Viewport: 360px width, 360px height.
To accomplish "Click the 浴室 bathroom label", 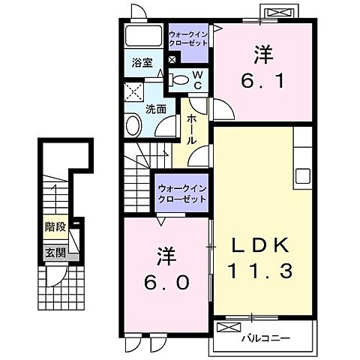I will (x=143, y=63).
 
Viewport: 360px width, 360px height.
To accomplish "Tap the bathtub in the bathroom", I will (x=143, y=37).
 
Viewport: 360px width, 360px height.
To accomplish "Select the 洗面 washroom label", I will (x=155, y=108).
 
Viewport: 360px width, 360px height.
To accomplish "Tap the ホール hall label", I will (x=193, y=129).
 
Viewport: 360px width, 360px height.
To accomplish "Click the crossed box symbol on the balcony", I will (x=227, y=327).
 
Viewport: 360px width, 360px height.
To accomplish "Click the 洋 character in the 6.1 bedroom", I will (x=262, y=55).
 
